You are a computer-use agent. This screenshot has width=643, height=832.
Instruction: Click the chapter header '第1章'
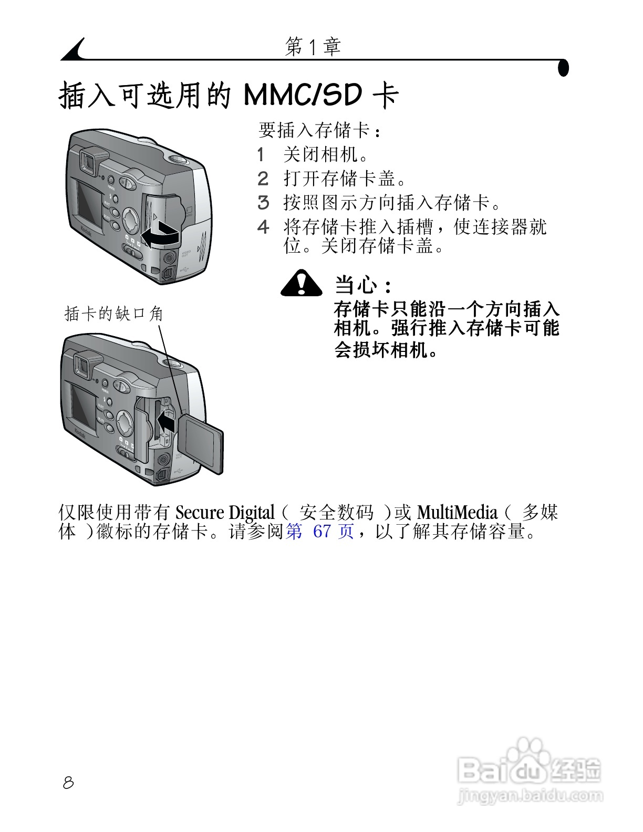313,47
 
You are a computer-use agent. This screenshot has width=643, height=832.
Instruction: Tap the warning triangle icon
301,284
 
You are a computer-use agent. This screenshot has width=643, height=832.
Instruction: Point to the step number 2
263,179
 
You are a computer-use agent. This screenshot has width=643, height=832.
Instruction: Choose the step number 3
263,203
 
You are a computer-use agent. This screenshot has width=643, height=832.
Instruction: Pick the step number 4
263,227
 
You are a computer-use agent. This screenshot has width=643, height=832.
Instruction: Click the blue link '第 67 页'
320,532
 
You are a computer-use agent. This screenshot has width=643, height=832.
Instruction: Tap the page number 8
68,783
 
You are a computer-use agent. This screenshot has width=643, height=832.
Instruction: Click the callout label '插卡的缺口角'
113,314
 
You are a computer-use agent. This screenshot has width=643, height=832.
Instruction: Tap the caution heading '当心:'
363,286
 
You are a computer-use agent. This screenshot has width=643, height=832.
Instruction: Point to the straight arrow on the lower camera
166,422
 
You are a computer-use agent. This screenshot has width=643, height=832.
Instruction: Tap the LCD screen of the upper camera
90,204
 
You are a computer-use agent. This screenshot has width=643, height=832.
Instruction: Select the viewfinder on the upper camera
88,161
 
